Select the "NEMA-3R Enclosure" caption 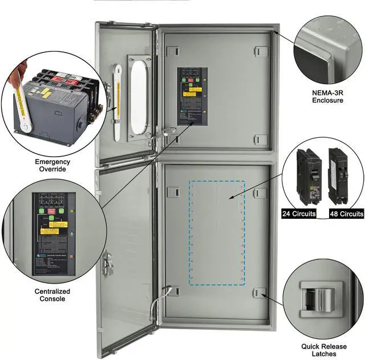tap(327, 96)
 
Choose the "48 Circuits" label tap(346, 214)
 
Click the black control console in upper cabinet tap(192, 96)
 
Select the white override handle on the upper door tap(117, 103)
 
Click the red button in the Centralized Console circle tap(51, 211)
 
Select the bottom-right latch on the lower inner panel tap(260, 293)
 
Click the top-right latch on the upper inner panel tap(261, 51)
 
